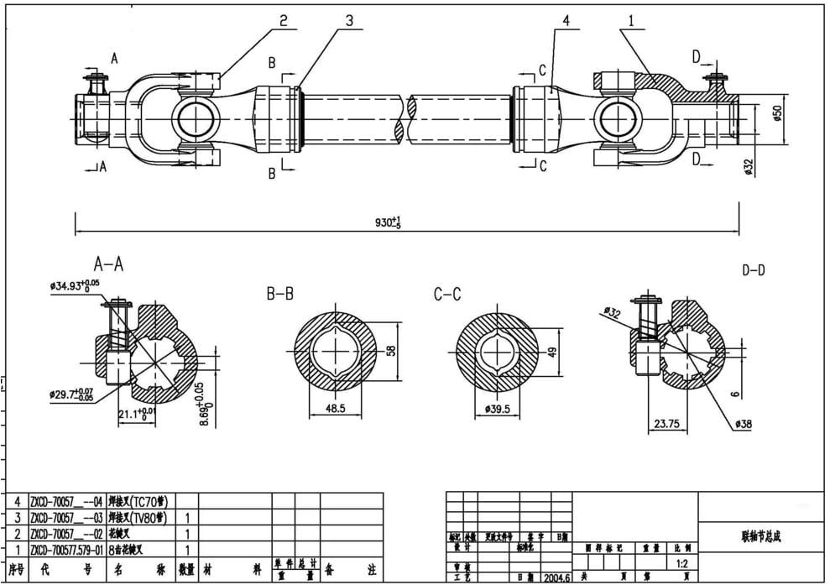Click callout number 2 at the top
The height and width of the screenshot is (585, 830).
284,21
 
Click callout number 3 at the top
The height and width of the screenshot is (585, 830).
348,21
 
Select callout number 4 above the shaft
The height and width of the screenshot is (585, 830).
566,21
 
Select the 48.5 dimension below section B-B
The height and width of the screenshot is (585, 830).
335,409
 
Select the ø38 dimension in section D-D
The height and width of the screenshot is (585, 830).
743,425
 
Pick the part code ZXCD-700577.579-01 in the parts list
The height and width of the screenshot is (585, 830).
66,550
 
